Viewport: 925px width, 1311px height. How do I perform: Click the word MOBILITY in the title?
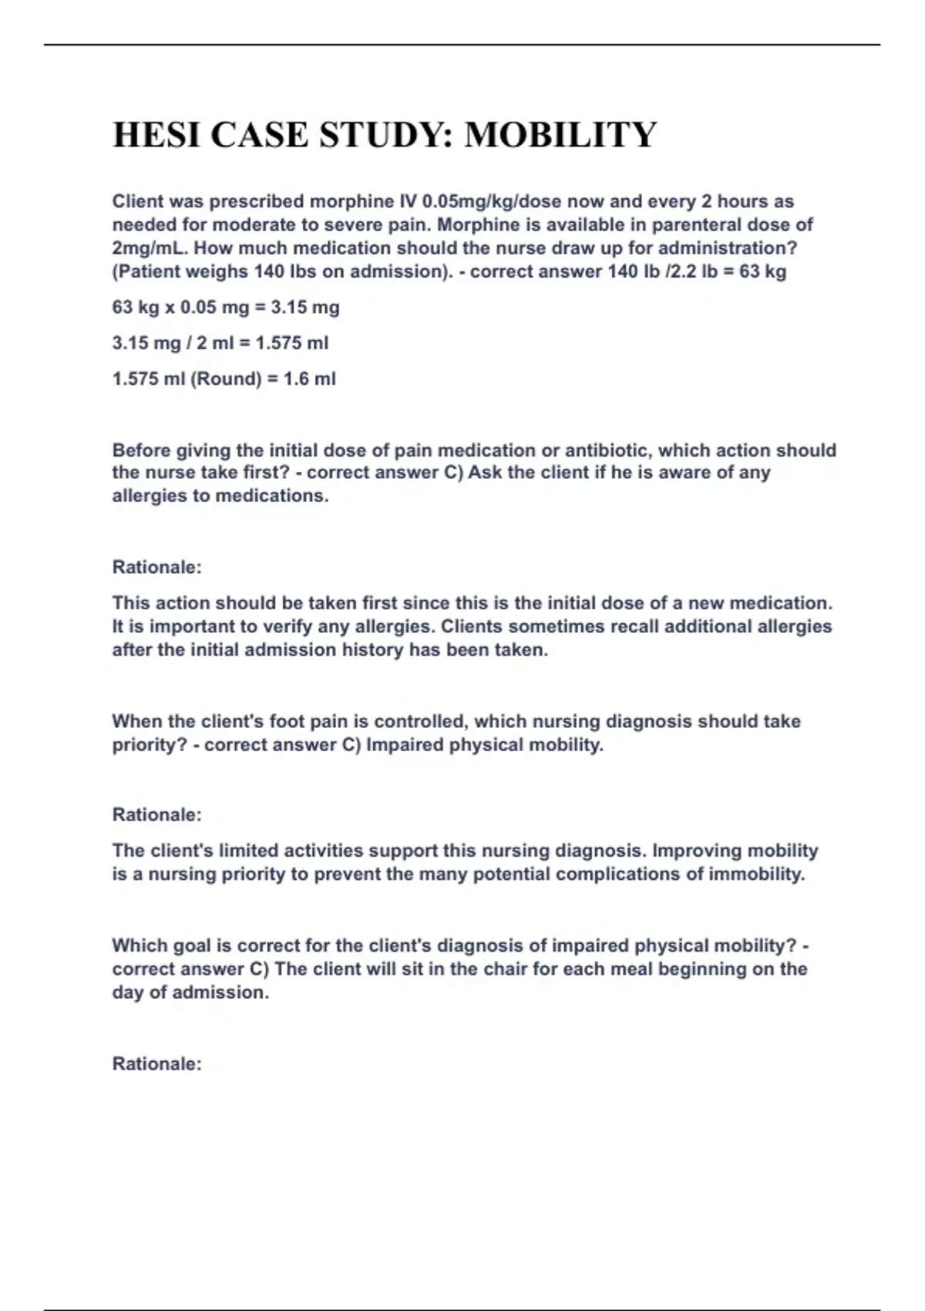(x=560, y=135)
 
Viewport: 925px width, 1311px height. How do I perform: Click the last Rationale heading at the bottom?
(x=156, y=1064)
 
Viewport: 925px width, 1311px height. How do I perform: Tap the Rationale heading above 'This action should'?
(x=156, y=568)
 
